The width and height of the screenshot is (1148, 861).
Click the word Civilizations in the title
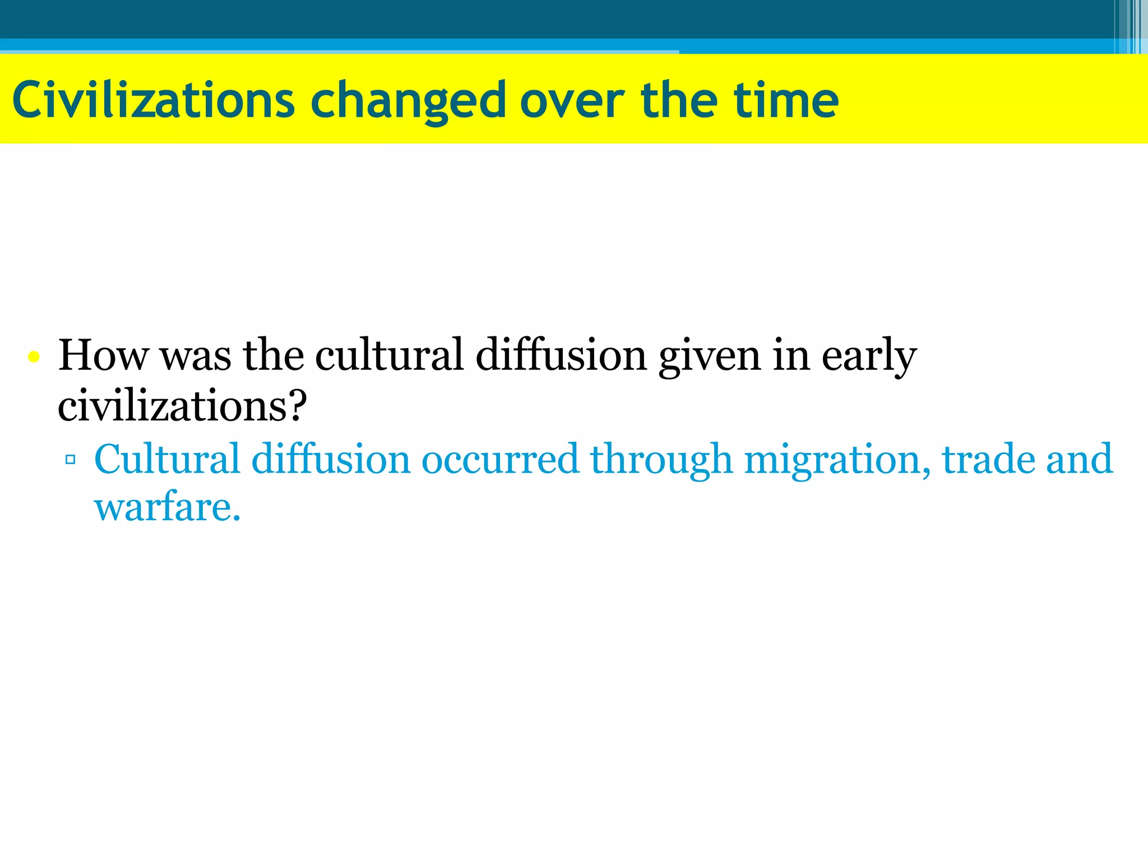coord(153,100)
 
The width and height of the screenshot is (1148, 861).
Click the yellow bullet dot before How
coord(34,357)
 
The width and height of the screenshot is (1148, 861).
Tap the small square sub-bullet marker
coord(70,460)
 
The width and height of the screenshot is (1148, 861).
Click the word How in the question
coord(103,355)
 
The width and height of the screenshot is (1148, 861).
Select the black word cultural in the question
coord(389,355)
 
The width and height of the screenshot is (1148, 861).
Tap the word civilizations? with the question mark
coord(183,406)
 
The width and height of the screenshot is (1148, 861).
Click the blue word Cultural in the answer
coord(167,459)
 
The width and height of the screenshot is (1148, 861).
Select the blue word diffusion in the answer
coord(331,459)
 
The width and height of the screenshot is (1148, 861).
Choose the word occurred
coord(499,459)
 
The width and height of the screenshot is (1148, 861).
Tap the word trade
coord(988,459)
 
